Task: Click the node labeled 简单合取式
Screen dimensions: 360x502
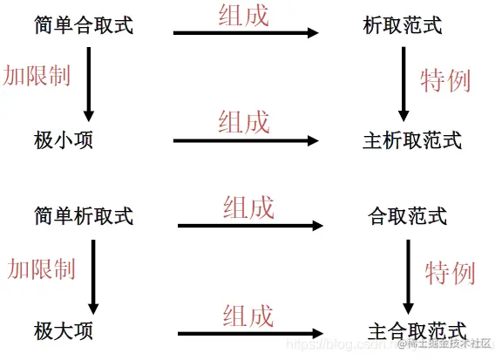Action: coord(84,25)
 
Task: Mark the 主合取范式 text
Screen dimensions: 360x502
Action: coord(417,330)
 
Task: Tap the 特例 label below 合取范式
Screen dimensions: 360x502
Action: coord(451,272)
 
